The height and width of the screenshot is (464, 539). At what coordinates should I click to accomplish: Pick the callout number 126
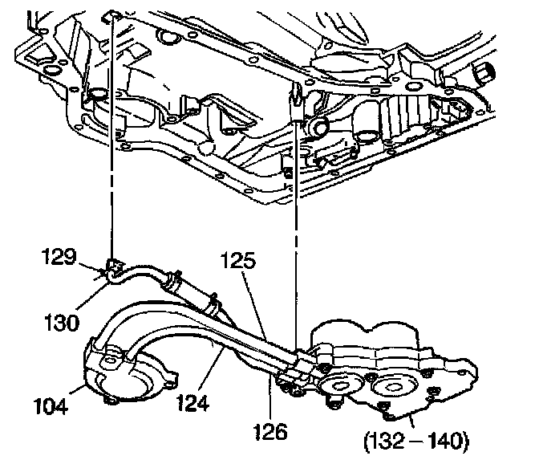tap(270, 432)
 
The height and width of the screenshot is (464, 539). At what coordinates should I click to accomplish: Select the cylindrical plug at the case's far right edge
tap(483, 77)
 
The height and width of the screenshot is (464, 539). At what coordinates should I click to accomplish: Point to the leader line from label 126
tap(270, 397)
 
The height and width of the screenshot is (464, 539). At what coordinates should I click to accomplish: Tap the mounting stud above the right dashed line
tap(298, 101)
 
